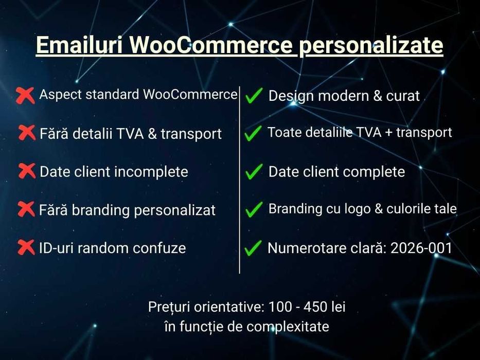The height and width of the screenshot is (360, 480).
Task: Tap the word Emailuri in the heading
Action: [x=78, y=46]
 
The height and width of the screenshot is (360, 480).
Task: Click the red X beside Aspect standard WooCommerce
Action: [x=25, y=95]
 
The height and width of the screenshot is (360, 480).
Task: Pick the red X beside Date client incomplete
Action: [x=27, y=171]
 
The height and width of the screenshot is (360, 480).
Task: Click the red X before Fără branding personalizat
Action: [x=26, y=209]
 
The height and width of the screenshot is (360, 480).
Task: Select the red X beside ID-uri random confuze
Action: [x=26, y=247]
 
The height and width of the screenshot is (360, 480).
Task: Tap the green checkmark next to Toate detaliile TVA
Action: [x=253, y=134]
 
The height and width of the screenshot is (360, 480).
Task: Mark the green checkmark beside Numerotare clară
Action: [x=253, y=249]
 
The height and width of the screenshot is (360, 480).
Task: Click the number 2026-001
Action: [x=421, y=248]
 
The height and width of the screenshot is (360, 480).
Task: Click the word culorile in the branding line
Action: [x=399, y=209]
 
